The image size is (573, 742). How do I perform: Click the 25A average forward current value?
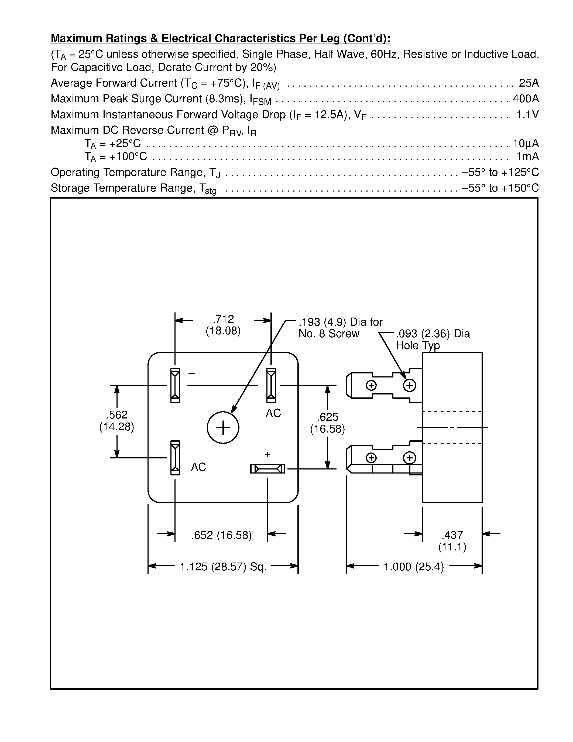pyautogui.click(x=529, y=83)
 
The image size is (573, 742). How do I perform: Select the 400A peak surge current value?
pyautogui.click(x=526, y=98)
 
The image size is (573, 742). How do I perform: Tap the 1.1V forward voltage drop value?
pyautogui.click(x=527, y=114)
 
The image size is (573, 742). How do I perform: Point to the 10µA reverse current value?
pyautogui.click(x=526, y=143)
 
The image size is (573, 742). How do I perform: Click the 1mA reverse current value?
pyautogui.click(x=527, y=156)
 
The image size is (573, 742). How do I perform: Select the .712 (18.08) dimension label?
pyautogui.click(x=223, y=325)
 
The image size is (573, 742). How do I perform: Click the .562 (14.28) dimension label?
pyautogui.click(x=116, y=421)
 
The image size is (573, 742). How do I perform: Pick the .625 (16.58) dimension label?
pyautogui.click(x=327, y=423)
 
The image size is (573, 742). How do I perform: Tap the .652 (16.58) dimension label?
pyautogui.click(x=221, y=535)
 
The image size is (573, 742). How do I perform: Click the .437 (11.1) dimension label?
pyautogui.click(x=452, y=541)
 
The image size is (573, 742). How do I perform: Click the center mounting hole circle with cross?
pyautogui.click(x=223, y=427)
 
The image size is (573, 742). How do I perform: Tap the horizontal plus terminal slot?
pyautogui.click(x=267, y=469)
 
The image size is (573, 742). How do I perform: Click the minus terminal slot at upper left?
pyautogui.click(x=175, y=385)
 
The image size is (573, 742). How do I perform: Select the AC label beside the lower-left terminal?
pyautogui.click(x=198, y=467)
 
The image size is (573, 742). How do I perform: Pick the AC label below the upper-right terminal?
pyautogui.click(x=273, y=413)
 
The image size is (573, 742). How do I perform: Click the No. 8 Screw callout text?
pyautogui.click(x=329, y=333)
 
